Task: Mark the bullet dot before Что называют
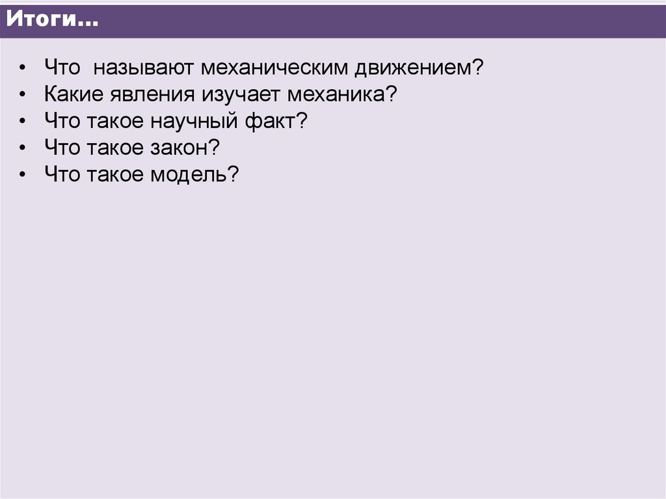point(23,68)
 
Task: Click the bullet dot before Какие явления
point(23,95)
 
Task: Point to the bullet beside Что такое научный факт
point(23,122)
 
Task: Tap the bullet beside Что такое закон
point(23,148)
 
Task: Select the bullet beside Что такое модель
point(23,175)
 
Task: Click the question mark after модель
point(235,174)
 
